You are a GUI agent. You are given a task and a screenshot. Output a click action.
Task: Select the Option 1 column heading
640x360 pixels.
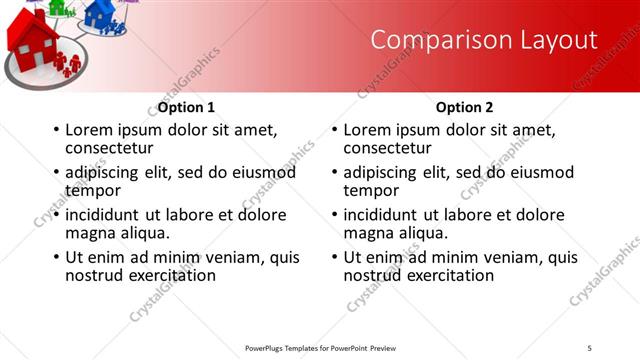(x=186, y=107)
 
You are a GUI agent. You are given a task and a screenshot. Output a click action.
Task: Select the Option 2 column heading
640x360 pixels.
(x=465, y=107)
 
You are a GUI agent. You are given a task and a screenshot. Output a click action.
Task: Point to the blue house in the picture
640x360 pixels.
(x=99, y=13)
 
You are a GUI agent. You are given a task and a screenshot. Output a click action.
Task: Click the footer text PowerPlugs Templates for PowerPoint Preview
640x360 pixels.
(x=326, y=348)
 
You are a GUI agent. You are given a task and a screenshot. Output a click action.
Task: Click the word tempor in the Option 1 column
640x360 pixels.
(x=93, y=190)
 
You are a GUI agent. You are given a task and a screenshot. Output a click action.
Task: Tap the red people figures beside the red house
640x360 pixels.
(x=68, y=65)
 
